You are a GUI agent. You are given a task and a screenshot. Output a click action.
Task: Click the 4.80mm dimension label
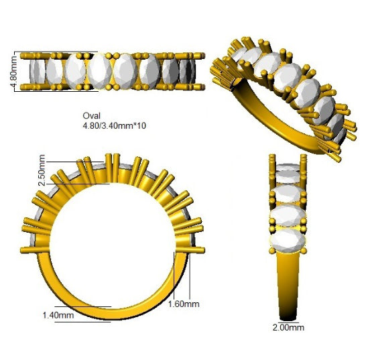pyautogui.click(x=14, y=72)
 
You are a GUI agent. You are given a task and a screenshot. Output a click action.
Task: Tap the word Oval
pyautogui.click(x=91, y=116)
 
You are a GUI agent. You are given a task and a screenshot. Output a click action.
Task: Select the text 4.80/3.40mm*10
pyautogui.click(x=115, y=126)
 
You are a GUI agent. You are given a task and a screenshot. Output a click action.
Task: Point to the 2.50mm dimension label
pyautogui.click(x=42, y=170)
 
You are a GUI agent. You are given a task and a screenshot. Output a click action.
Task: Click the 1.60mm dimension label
pyautogui.click(x=184, y=304)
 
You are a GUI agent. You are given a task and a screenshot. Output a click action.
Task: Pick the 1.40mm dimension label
pyautogui.click(x=58, y=315)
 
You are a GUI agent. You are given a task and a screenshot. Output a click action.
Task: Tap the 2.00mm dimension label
pyautogui.click(x=288, y=328)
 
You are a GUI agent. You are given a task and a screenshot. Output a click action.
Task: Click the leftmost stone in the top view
pyautogui.click(x=38, y=71)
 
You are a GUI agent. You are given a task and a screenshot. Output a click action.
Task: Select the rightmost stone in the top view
pyautogui.click(x=188, y=71)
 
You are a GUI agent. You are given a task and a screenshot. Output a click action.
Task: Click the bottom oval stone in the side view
pyautogui.click(x=288, y=240)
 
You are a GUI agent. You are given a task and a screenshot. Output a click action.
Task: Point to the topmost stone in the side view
pyautogui.click(x=288, y=167)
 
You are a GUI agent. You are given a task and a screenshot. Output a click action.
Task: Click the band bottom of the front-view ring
pyautogui.click(x=112, y=314)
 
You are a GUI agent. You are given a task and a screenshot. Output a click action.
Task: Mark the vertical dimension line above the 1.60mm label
pyautogui.click(x=190, y=277)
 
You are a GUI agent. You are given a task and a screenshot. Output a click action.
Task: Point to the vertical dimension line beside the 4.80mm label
pyautogui.click(x=15, y=72)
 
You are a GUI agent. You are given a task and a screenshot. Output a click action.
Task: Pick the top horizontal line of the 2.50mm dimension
pyautogui.click(x=75, y=162)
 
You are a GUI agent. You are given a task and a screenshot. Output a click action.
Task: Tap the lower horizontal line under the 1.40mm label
pyautogui.click(x=83, y=322)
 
